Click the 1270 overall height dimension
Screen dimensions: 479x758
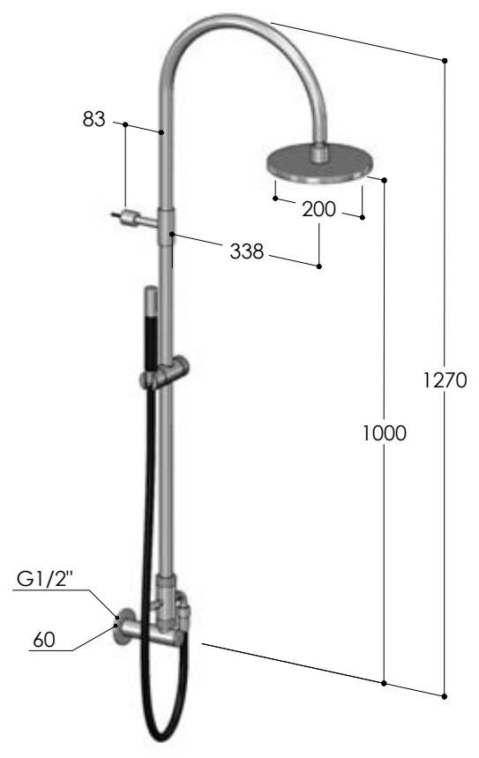(445, 380)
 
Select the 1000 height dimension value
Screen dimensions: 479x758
(385, 433)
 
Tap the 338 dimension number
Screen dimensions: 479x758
(246, 251)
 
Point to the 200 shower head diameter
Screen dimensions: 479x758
(318, 209)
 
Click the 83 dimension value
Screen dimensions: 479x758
(94, 119)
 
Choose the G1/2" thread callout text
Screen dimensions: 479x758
(45, 579)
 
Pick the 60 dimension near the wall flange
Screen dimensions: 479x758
(44, 640)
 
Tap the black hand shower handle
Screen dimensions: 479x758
(152, 330)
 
